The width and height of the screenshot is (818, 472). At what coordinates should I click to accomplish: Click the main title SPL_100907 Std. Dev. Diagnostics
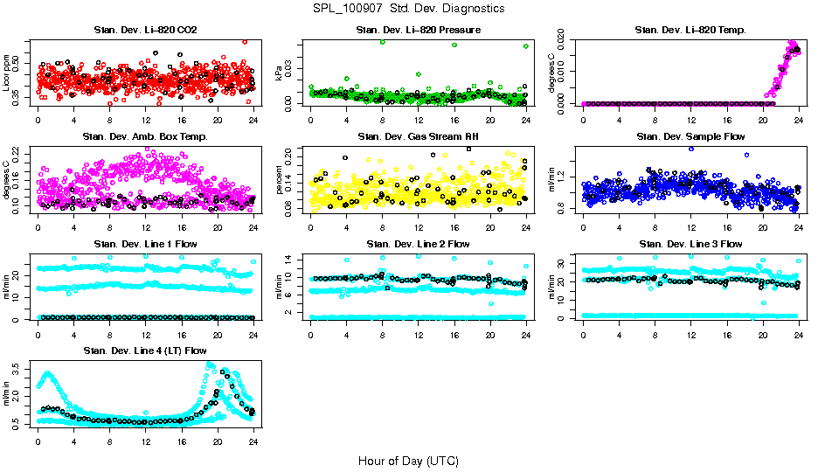[408, 9]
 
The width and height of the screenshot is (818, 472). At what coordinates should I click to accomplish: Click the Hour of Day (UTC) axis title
[408, 460]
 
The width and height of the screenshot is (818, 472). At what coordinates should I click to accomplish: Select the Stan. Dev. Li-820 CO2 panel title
[145, 31]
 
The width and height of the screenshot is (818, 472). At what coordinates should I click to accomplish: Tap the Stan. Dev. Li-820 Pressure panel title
[418, 31]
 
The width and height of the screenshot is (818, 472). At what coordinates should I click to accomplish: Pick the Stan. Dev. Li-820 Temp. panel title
[690, 31]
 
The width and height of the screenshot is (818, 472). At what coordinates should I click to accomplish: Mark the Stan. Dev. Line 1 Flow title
[145, 244]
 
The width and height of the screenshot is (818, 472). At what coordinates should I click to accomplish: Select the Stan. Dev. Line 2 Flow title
[418, 244]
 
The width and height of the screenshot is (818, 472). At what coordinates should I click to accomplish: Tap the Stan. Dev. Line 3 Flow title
[690, 244]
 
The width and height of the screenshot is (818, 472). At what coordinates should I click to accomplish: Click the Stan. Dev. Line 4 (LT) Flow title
[145, 351]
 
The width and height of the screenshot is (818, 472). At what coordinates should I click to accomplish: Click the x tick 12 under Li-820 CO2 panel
[145, 119]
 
